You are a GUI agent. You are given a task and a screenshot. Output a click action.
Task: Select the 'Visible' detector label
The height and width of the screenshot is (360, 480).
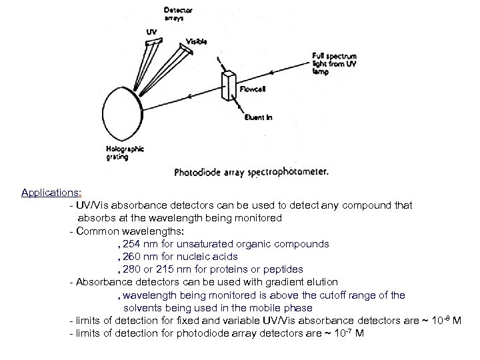click(196, 41)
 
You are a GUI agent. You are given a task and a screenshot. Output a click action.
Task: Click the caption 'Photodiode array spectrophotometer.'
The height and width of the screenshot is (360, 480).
click(251, 171)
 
